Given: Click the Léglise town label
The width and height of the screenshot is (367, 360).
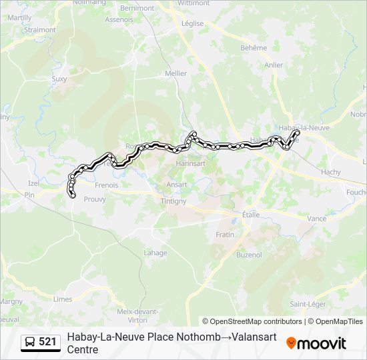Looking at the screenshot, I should (x=192, y=23).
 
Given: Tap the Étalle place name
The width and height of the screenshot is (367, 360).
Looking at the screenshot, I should (x=251, y=215).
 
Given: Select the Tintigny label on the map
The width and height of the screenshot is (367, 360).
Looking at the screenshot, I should (x=173, y=201).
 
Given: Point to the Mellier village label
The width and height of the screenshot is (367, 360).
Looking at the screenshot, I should (x=175, y=73).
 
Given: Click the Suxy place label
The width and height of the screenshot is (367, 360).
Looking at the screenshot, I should (x=59, y=79).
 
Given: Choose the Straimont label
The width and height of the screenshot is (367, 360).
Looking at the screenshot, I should (x=39, y=30).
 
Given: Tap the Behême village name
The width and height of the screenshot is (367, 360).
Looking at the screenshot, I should (x=254, y=48).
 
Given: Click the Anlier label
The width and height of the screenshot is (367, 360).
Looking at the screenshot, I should (x=274, y=65).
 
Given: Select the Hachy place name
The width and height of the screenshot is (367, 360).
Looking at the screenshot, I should (x=330, y=172).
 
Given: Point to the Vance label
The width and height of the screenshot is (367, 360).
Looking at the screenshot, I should (x=316, y=219).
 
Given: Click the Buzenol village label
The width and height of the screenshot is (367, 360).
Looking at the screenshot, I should (x=250, y=255).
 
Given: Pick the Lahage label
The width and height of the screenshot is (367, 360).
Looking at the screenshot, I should (x=155, y=253).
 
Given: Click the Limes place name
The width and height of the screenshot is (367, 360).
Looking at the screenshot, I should (x=63, y=299).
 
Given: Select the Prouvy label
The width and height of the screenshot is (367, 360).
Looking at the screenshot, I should (x=95, y=199).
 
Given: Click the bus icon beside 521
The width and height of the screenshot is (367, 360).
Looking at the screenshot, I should (x=30, y=342).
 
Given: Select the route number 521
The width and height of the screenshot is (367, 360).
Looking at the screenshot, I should (x=47, y=342).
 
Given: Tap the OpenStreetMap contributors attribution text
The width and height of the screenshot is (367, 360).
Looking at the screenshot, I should (x=252, y=321).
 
